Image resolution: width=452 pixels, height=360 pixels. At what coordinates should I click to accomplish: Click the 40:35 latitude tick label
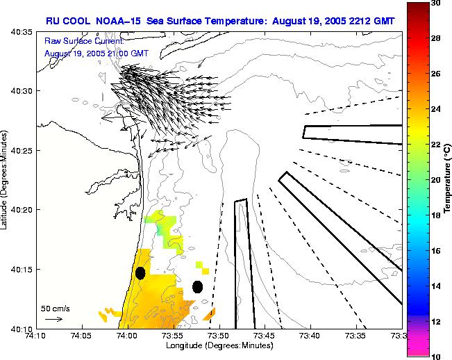[23, 32]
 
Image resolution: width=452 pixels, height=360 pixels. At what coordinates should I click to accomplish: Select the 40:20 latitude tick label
[23, 210]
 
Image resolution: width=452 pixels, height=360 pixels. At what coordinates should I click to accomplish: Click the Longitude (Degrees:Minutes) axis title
[219, 345]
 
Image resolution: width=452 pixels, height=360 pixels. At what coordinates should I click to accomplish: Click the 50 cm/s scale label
[54, 308]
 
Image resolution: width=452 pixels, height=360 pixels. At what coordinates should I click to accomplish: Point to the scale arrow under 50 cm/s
[53, 319]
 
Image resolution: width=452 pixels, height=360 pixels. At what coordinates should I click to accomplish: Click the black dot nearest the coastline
[140, 273]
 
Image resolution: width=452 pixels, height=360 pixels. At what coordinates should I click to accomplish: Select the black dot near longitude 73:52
[197, 286]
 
